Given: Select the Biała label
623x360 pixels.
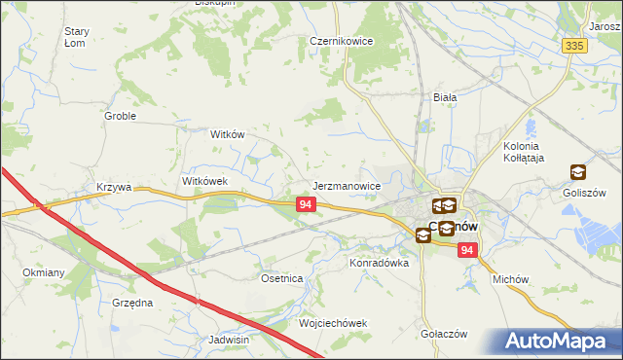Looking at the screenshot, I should click(x=445, y=97).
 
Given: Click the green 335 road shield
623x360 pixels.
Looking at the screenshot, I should click(x=574, y=46).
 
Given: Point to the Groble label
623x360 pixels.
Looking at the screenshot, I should click(x=120, y=116).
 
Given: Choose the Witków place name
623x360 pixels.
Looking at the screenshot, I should click(x=227, y=135).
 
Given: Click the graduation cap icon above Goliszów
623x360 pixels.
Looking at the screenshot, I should click(x=578, y=172).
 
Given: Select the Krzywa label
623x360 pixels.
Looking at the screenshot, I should click(x=113, y=187).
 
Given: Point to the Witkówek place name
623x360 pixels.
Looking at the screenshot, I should click(x=204, y=182).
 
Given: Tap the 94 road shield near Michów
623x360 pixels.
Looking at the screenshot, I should click(x=469, y=251).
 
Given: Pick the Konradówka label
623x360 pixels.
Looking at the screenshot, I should click(x=375, y=263).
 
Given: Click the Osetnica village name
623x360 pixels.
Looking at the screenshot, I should click(x=282, y=278).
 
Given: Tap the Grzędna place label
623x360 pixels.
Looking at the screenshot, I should click(x=132, y=303).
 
